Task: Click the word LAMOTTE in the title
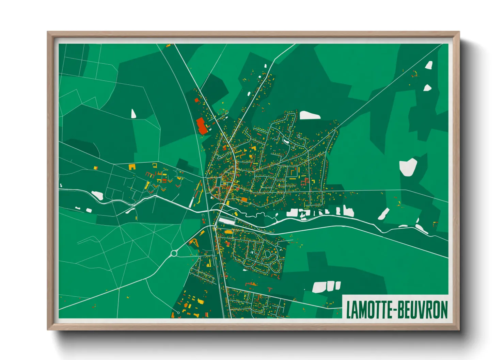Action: pyautogui.click(x=368, y=310)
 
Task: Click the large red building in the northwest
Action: pyautogui.click(x=201, y=126)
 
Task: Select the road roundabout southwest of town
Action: pyautogui.click(x=174, y=253)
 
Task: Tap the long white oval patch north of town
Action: pyautogui.click(x=309, y=115)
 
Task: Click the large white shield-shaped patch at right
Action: pyautogui.click(x=408, y=167)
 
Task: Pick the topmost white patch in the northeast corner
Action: pyautogui.click(x=429, y=65)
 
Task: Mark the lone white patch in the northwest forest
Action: pyautogui.click(x=133, y=114)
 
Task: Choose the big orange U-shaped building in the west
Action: pyautogui.click(x=132, y=167)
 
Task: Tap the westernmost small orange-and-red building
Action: pyautogui.click(x=96, y=167)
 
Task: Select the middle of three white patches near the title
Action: pyautogui.click(x=330, y=286)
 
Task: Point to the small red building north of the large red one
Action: pyautogui.click(x=196, y=100)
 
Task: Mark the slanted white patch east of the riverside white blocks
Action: pyautogui.click(x=383, y=214)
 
